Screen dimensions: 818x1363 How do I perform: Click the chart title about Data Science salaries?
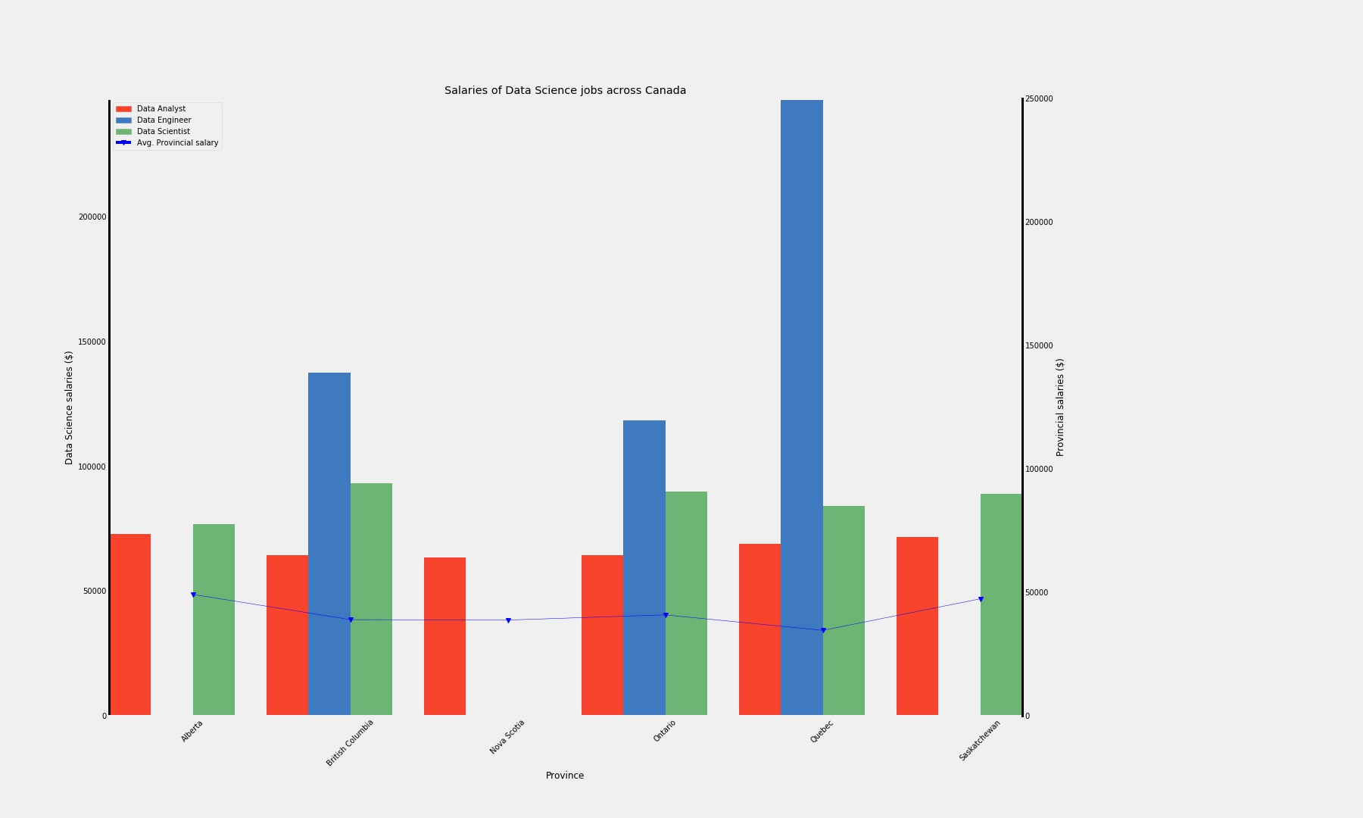(x=565, y=91)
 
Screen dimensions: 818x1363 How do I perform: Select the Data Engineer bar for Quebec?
(x=801, y=409)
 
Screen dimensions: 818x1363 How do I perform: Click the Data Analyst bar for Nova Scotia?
(x=444, y=636)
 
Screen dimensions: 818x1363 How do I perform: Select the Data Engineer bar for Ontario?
(x=644, y=568)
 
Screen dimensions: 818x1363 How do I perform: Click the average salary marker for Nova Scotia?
(x=508, y=620)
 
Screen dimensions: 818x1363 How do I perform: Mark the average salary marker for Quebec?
(x=823, y=630)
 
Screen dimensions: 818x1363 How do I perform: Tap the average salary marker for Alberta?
(x=193, y=595)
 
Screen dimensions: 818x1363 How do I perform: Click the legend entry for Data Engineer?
(x=164, y=120)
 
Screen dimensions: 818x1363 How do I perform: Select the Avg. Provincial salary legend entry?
(x=177, y=143)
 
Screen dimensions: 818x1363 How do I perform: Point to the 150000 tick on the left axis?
(x=92, y=342)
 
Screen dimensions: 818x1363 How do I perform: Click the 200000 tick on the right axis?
(x=1039, y=223)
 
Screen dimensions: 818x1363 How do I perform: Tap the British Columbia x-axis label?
(x=350, y=743)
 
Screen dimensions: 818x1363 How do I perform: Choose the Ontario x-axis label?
(x=664, y=731)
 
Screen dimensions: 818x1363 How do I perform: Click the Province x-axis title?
(x=565, y=776)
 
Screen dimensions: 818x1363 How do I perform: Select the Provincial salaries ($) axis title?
(x=1060, y=407)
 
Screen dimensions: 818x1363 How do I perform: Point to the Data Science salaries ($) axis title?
(x=69, y=407)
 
